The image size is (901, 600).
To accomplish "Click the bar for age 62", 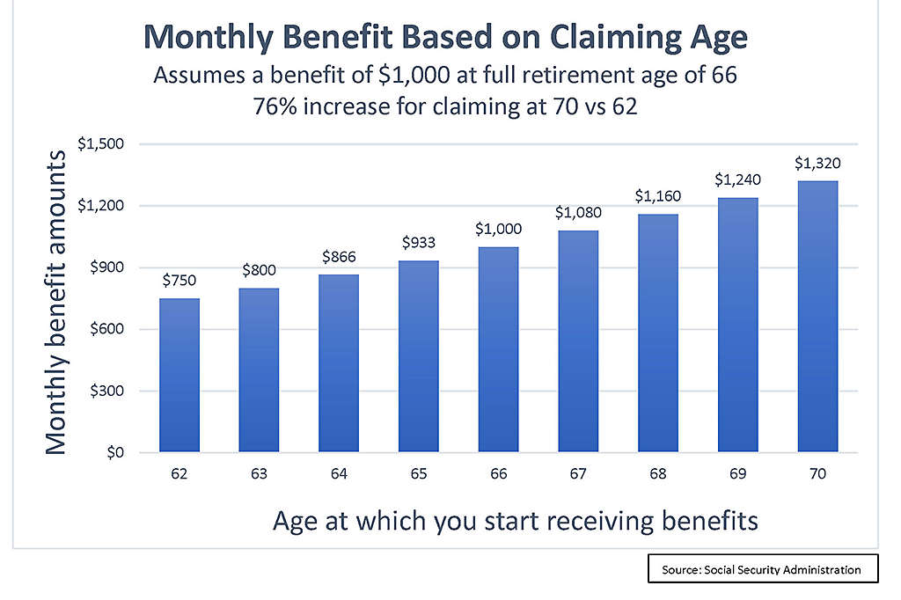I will click(179, 376).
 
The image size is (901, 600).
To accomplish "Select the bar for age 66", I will click(498, 349).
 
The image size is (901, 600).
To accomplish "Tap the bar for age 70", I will click(817, 317).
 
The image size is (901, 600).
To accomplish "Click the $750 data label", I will click(179, 282).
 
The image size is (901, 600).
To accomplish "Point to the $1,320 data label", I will click(817, 163).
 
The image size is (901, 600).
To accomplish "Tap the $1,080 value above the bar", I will click(577, 213).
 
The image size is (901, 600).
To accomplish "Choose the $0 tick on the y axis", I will click(116, 453).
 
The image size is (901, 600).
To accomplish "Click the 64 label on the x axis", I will click(339, 474).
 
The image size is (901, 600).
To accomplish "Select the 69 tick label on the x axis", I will click(737, 474).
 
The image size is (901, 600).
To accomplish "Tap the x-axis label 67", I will click(578, 474).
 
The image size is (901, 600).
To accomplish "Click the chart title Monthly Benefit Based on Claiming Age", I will click(445, 38).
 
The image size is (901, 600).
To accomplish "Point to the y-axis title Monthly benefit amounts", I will click(56, 302).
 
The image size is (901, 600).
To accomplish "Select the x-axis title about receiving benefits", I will click(515, 520).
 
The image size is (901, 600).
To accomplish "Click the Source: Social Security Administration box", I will click(762, 569).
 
